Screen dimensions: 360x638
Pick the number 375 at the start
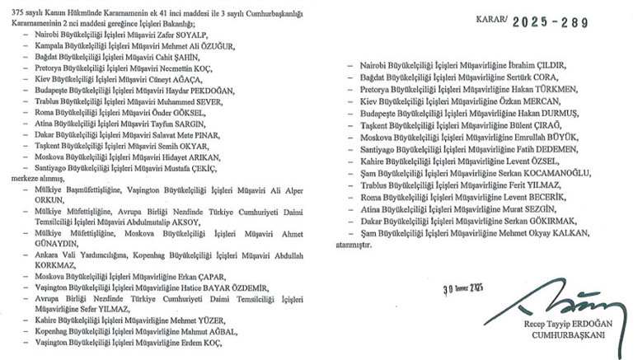(x=11, y=8)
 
